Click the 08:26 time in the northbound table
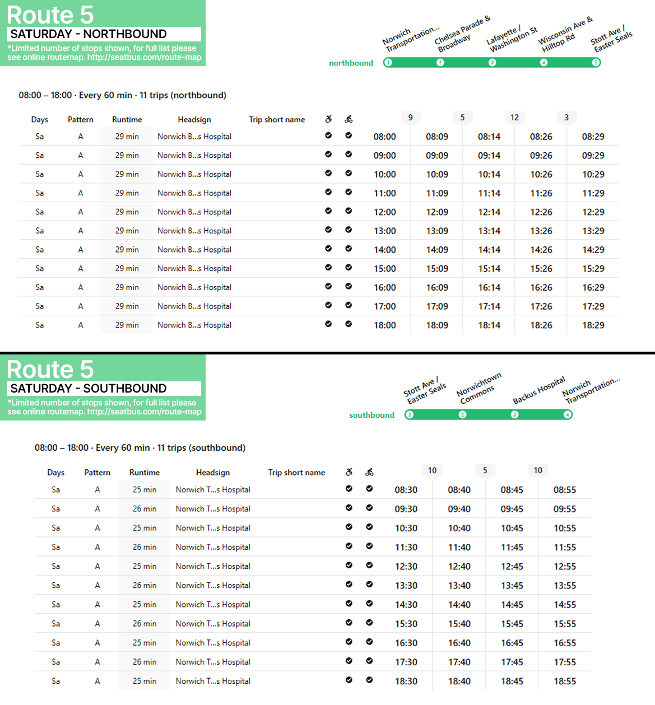pos(541,137)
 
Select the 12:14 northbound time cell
pos(489,212)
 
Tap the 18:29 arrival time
pos(593,325)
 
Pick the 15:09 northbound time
pos(436,269)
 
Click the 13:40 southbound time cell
pos(459,586)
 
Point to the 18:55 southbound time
pos(565,681)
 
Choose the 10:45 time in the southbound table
pos(512,528)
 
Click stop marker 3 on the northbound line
pos(492,63)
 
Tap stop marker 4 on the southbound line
pos(567,415)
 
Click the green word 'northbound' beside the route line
pos(351,63)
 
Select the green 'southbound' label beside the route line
pos(371,415)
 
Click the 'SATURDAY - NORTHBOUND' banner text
pos(89,34)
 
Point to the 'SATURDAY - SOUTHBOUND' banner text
pos(89,389)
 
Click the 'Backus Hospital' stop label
pos(539,390)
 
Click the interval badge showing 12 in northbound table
pos(514,118)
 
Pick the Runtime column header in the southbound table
pos(145,473)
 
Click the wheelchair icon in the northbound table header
pos(328,119)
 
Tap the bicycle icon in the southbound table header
pos(369,473)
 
